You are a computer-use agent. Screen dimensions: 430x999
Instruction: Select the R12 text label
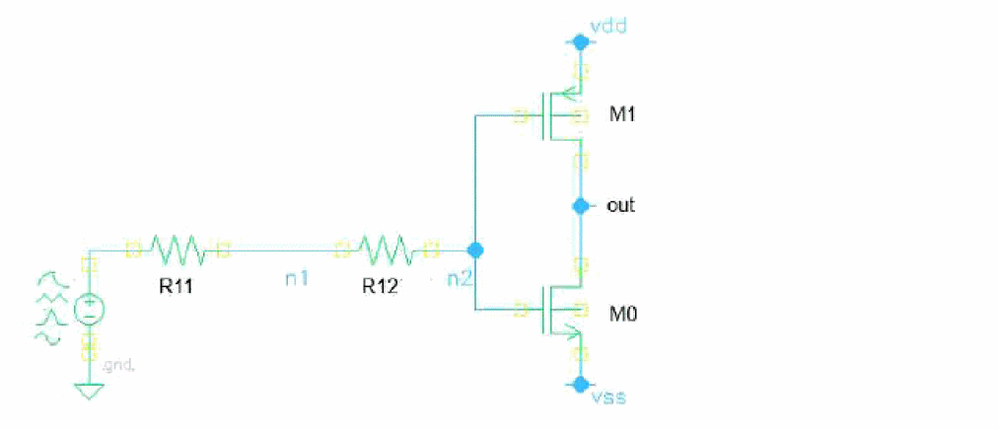(x=380, y=286)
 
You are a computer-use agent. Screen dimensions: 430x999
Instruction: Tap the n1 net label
(x=297, y=279)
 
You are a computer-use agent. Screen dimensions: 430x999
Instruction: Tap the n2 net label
(x=460, y=279)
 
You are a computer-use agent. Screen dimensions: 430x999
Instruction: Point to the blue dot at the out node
(x=581, y=206)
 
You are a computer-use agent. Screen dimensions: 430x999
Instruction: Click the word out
(x=620, y=206)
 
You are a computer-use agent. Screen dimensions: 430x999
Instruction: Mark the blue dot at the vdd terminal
(x=581, y=42)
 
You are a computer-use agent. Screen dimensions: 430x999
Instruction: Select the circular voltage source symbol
(x=88, y=310)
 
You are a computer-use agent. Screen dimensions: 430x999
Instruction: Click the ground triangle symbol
(x=89, y=392)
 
